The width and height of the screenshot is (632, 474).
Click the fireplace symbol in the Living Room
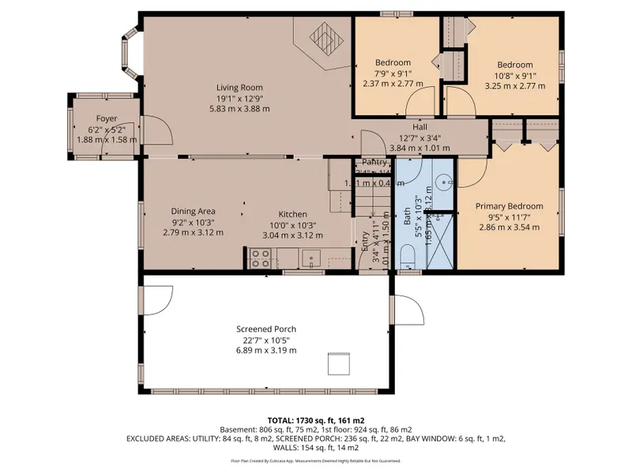pos(322,36)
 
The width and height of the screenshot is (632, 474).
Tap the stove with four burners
pos(261,258)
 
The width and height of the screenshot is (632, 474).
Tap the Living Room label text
pos(240,88)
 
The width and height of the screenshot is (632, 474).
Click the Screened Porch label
pos(266,329)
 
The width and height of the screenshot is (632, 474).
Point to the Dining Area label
pos(194,211)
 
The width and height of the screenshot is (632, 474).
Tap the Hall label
pos(419,126)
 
